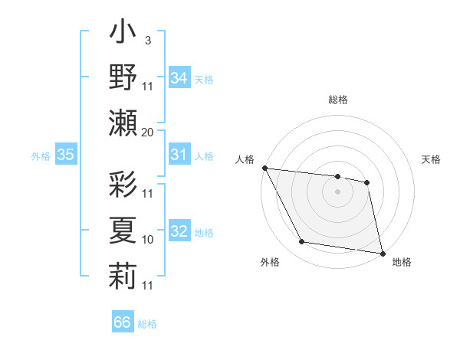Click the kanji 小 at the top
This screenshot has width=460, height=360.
[123, 34]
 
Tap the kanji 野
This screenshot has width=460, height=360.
[123, 78]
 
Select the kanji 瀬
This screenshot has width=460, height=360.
[123, 123]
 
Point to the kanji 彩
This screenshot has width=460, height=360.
[123, 184]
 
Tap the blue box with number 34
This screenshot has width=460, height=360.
[179, 78]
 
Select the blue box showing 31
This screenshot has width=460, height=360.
[179, 155]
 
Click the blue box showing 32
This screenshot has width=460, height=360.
[179, 232]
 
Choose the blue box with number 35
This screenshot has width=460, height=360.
[66, 155]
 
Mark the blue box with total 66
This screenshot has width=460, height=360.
[122, 322]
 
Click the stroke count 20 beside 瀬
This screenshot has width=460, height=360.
[148, 133]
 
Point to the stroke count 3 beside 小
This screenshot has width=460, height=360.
[147, 41]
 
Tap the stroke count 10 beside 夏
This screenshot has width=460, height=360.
[148, 240]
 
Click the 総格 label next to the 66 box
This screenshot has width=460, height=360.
[147, 324]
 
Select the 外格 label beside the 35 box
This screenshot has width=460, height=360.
[41, 156]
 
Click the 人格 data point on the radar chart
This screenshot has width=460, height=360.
[264, 168]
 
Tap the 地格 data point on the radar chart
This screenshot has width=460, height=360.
[381, 253]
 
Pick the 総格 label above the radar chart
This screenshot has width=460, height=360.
[337, 100]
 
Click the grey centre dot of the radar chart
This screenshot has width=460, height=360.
[337, 191]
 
